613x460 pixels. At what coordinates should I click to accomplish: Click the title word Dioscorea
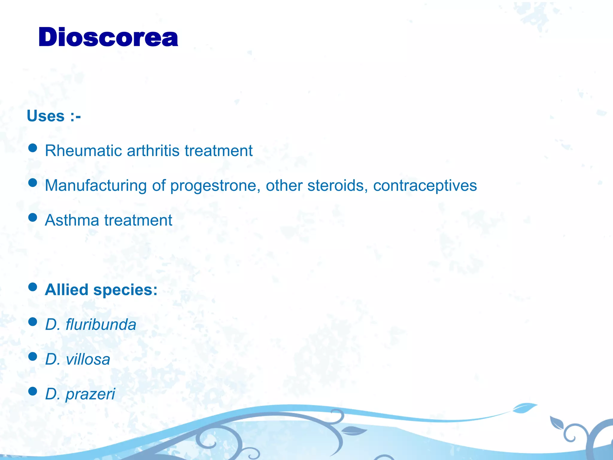click(x=108, y=37)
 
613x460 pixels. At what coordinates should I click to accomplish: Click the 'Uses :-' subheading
click(x=54, y=116)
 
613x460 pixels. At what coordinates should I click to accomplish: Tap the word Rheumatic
click(x=83, y=151)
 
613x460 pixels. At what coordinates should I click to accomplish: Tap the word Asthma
click(x=72, y=220)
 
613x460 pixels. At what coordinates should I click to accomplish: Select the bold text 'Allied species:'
click(x=101, y=290)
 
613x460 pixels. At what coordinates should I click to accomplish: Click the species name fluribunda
click(x=101, y=325)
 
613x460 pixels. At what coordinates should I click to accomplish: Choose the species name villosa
click(x=88, y=359)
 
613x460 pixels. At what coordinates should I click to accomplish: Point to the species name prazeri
click(x=90, y=394)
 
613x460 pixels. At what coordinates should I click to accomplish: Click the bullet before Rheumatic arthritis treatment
click(x=32, y=148)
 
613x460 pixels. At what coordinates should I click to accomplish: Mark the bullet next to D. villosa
click(x=32, y=356)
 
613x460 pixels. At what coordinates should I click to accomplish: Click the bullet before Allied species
click(x=32, y=287)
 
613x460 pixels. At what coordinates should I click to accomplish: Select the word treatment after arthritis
click(x=219, y=151)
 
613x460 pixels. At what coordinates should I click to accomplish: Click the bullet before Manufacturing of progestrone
click(x=32, y=182)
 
